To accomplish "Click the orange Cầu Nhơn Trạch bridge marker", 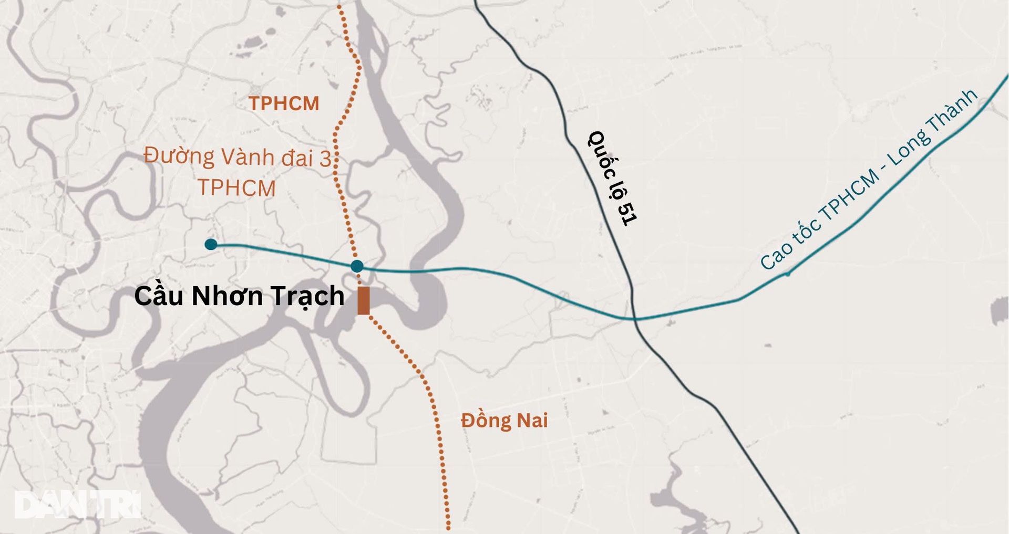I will (x=363, y=300).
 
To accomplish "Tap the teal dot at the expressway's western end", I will (x=211, y=244).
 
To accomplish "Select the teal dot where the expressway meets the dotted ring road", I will (x=357, y=266).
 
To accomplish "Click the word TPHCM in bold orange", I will (x=284, y=103).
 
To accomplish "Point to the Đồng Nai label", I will (x=504, y=421).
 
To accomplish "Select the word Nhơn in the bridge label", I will (x=227, y=296).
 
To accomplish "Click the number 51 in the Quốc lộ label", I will (x=627, y=213).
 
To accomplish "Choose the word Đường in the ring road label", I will (x=179, y=156).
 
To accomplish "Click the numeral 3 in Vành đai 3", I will (x=325, y=158).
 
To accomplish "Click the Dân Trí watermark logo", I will (x=78, y=505).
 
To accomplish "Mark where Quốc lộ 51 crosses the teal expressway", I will (x=634, y=318).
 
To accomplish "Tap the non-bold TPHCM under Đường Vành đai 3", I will (x=236, y=188).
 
